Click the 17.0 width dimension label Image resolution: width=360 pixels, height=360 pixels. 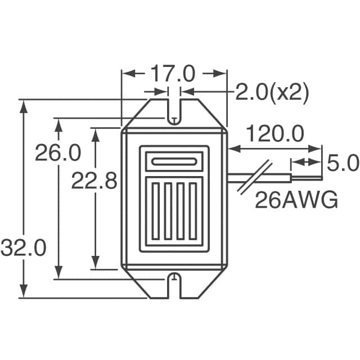pyautogui.click(x=172, y=74)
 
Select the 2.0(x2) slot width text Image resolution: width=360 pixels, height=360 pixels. pyautogui.click(x=272, y=93)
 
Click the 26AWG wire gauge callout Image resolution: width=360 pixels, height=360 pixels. pyautogui.click(x=296, y=200)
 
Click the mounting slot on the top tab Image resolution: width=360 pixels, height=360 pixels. pyautogui.click(x=174, y=110)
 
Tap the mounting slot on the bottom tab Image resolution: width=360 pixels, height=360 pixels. pyautogui.click(x=174, y=286)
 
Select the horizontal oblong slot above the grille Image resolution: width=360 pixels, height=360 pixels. pyautogui.click(x=174, y=163)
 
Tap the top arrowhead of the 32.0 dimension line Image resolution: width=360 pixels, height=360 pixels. pyautogui.click(x=23, y=105)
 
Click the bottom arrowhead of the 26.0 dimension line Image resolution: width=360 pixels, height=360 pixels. pyautogui.click(x=58, y=273)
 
